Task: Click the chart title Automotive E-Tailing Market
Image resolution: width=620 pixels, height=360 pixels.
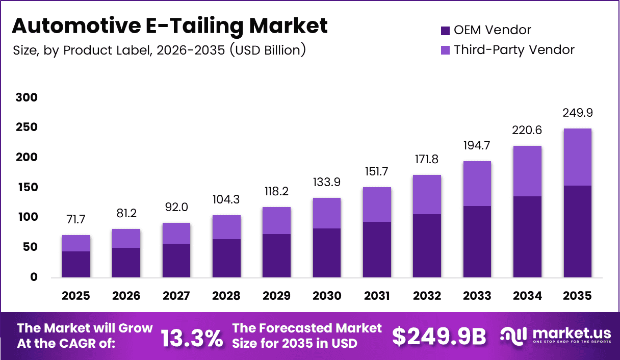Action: (x=169, y=25)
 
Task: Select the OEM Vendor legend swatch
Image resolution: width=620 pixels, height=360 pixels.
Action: (x=445, y=31)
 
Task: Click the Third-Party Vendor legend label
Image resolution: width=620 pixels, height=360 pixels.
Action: (x=514, y=50)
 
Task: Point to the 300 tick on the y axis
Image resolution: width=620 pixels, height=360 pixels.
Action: (x=27, y=97)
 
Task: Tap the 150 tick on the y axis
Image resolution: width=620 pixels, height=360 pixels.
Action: (x=27, y=187)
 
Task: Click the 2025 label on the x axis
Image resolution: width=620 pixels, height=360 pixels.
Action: (x=76, y=296)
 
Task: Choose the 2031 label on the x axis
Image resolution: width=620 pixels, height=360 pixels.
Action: (x=376, y=296)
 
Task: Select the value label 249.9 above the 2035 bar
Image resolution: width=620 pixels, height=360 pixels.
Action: (x=578, y=113)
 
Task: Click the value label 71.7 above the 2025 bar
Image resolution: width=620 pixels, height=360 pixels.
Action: (x=76, y=220)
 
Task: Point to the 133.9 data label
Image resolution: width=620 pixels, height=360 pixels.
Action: (x=326, y=183)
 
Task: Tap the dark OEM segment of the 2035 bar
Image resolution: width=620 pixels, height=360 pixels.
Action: (x=577, y=232)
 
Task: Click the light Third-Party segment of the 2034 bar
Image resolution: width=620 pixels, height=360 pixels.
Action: (x=527, y=171)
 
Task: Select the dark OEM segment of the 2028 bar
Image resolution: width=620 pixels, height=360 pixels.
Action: (x=226, y=258)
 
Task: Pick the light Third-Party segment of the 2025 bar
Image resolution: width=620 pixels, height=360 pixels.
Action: (x=76, y=243)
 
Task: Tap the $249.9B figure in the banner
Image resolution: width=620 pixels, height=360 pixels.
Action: (x=439, y=336)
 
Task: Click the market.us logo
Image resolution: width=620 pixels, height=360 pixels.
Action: (x=555, y=336)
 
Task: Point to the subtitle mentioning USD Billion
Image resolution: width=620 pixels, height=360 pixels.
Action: (x=159, y=50)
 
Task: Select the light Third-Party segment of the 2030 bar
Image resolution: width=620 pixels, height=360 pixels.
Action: (x=326, y=213)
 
